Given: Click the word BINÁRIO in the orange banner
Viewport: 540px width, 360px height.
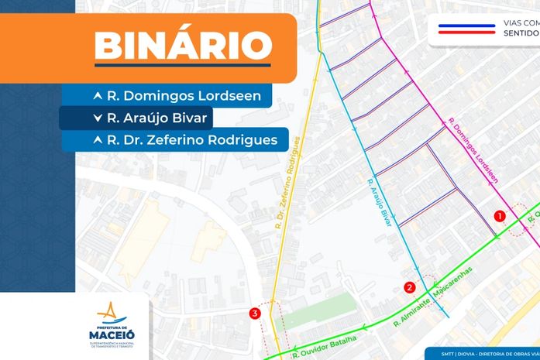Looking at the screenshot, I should click(x=183, y=46).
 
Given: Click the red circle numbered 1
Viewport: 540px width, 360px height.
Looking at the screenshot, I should click(x=500, y=215).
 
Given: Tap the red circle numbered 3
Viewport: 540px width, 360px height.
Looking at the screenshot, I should click(x=254, y=314).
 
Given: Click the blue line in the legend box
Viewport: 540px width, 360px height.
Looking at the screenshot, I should click(x=467, y=26).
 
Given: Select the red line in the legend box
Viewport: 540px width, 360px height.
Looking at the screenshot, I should click(x=467, y=33).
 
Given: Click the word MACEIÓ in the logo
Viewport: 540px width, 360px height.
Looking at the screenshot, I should click(x=112, y=334).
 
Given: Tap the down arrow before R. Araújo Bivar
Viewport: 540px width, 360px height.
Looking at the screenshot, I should click(x=97, y=118).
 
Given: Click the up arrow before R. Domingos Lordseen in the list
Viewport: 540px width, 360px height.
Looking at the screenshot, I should click(x=97, y=97).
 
